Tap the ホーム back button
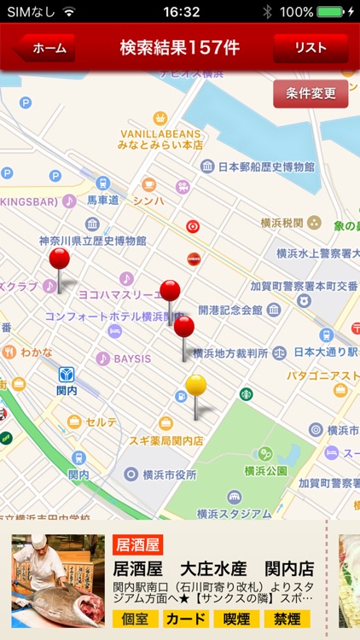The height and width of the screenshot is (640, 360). click(x=46, y=49)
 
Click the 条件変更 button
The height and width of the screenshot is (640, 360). click(x=311, y=93)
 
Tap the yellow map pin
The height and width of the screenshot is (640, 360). click(x=196, y=386)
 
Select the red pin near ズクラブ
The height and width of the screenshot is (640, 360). click(x=59, y=259)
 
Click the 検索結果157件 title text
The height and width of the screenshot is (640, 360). click(x=179, y=48)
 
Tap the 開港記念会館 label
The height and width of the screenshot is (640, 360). click(x=229, y=310)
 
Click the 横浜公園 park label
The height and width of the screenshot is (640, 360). click(x=262, y=470)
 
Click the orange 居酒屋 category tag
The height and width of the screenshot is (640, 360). click(x=136, y=545)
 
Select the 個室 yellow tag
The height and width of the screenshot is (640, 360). click(x=135, y=619)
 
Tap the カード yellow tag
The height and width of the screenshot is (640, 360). click(x=186, y=619)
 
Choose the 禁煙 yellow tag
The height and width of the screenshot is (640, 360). click(x=287, y=619)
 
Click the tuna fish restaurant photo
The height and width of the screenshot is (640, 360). click(x=58, y=581)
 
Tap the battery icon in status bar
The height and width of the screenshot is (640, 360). click(x=329, y=12)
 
